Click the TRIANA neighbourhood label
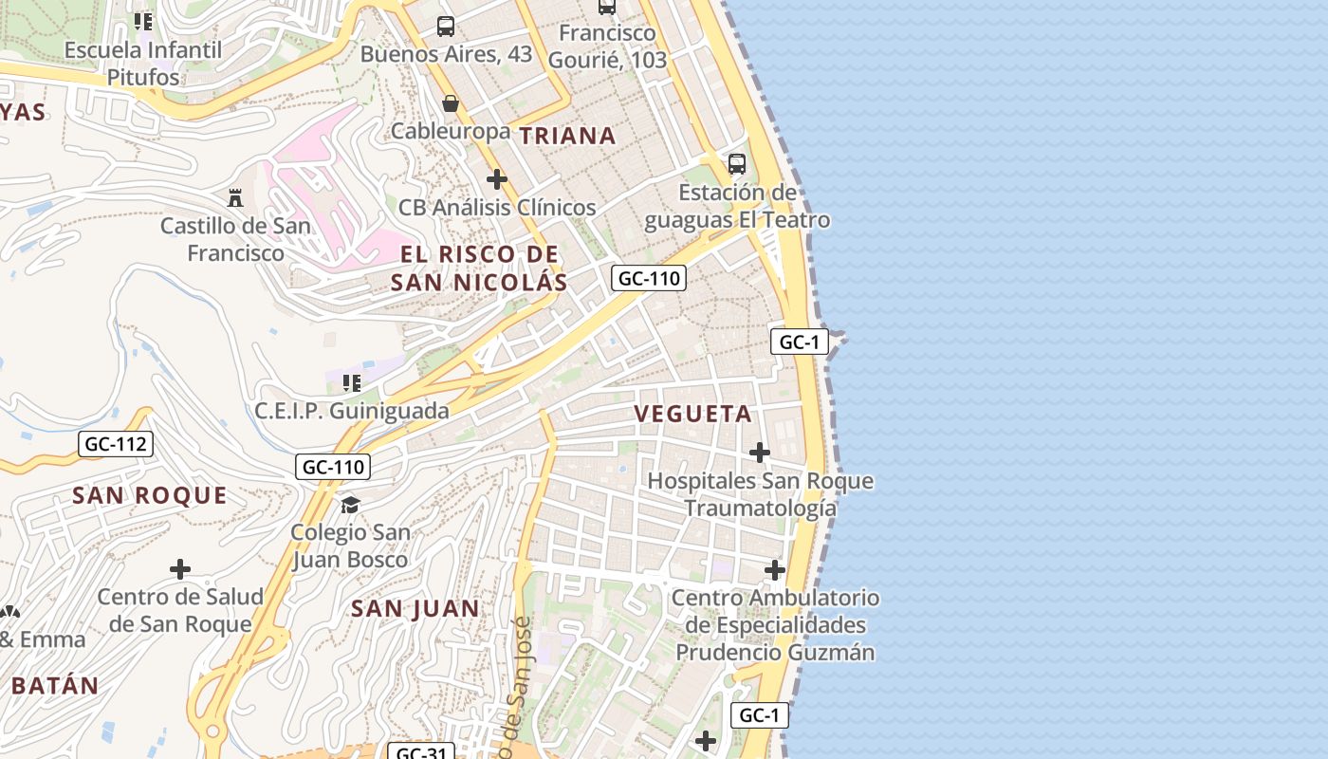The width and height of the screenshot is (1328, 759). (567, 136)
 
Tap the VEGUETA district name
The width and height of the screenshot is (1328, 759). (692, 414)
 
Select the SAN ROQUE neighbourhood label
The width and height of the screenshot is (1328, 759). (150, 495)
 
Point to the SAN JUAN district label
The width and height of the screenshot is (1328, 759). (415, 608)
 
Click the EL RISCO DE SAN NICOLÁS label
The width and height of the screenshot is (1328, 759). (479, 268)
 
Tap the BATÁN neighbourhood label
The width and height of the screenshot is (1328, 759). (55, 685)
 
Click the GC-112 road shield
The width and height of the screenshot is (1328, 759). (115, 443)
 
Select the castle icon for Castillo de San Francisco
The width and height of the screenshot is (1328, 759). (235, 197)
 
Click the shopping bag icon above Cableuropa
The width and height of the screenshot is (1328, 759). (451, 102)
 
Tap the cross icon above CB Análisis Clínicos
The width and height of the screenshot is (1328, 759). (496, 178)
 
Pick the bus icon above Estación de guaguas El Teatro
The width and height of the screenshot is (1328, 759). (737, 163)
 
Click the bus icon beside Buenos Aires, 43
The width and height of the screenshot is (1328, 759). (446, 27)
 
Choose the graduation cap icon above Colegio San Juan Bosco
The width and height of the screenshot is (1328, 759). (350, 504)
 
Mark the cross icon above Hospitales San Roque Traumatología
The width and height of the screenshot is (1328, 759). (760, 453)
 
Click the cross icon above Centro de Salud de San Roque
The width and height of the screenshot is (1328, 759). (180, 569)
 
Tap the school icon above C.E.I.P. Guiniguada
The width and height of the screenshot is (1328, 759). (352, 383)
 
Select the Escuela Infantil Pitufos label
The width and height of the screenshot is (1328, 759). (143, 63)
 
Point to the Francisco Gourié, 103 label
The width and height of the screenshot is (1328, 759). (607, 46)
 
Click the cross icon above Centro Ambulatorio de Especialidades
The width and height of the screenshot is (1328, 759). (775, 570)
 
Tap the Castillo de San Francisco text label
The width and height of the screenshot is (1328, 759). (235, 239)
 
